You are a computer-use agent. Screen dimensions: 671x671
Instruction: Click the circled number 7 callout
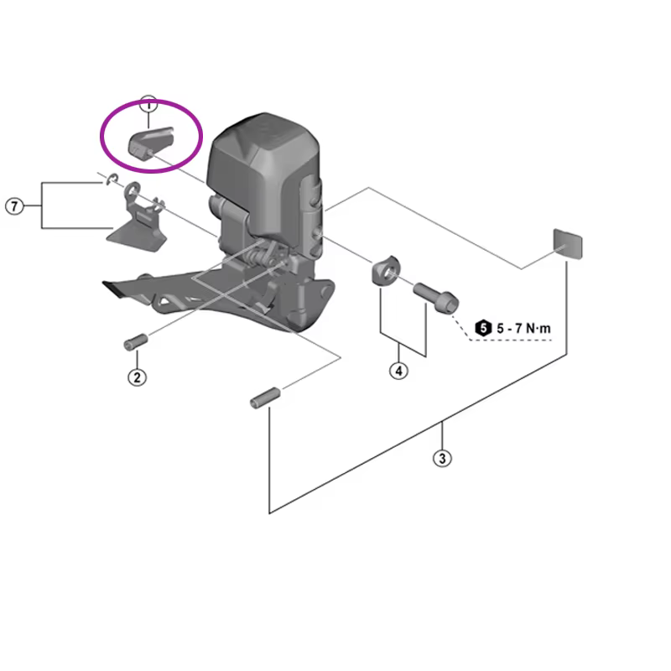tap(14, 206)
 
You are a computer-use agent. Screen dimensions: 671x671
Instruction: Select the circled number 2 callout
tap(137, 377)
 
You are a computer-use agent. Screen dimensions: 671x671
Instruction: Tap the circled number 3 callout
tap(442, 458)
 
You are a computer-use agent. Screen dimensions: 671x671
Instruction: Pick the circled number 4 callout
tap(398, 371)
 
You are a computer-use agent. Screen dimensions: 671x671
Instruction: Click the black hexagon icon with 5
tap(483, 328)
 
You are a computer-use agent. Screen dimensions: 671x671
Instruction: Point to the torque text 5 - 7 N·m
tap(523, 329)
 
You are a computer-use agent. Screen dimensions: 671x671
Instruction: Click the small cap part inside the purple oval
tap(151, 143)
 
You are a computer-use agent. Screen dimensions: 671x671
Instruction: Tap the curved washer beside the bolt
tap(385, 271)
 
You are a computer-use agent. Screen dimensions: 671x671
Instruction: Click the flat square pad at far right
tap(568, 243)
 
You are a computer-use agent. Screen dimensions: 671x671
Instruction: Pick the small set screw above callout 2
tap(136, 342)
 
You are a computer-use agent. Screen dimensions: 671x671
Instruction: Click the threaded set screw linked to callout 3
tap(265, 398)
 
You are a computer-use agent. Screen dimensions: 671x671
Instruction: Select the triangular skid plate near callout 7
tap(136, 239)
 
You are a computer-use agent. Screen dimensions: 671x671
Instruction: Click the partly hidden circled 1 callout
tap(148, 103)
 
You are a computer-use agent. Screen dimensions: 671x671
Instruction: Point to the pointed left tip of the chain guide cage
tap(103, 283)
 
